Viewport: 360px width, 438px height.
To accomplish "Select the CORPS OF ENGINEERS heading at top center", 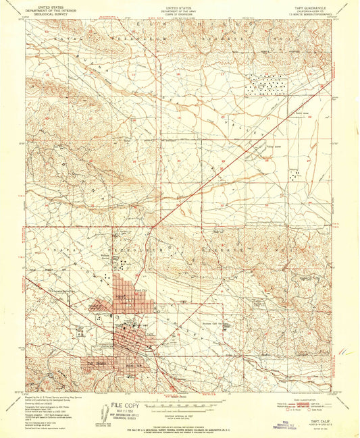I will tap(178, 12).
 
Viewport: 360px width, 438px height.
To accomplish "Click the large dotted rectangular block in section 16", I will tap(265, 85).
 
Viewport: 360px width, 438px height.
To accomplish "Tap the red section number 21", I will tap(268, 119).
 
